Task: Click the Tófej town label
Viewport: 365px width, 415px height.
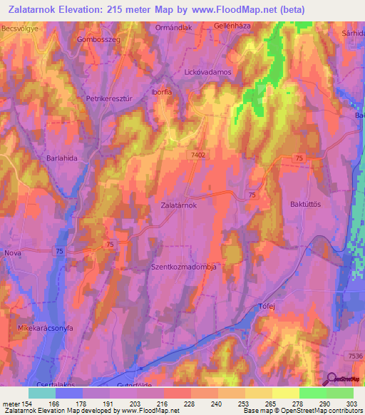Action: [265, 307]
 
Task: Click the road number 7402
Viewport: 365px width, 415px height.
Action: [200, 153]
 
